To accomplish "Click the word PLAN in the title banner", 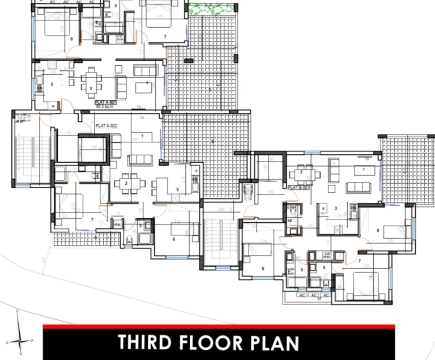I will [x=277, y=343].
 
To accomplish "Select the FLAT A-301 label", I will [x=105, y=103].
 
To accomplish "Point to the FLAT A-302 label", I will [x=106, y=125].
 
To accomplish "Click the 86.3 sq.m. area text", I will [x=105, y=107].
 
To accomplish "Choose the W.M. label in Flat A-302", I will [x=117, y=225].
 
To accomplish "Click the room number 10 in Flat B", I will [x=290, y=221].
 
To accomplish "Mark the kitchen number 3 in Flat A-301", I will [x=52, y=84].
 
